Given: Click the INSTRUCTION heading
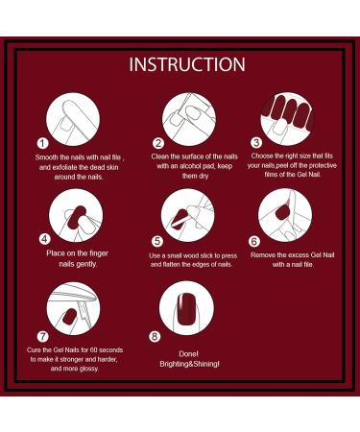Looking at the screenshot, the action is pos(187,64).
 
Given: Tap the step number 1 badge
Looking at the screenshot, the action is pos(42,143).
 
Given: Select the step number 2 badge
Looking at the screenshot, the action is pos(158,143).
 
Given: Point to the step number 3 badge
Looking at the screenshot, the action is pos(256,142).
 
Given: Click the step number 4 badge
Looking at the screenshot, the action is pos(45,239).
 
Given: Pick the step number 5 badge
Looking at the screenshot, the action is pos(157,241).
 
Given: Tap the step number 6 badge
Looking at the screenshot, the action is pos(254,241).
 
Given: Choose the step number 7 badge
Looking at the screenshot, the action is pos(42,336).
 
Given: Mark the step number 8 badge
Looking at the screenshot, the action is pos(155,336).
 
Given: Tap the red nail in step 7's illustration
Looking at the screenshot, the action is pos(69,317).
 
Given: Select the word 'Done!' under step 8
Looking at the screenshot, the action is pos(188,354).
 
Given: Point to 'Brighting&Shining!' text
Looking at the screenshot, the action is pos(189,364).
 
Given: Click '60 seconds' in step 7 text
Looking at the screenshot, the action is pos(107,349).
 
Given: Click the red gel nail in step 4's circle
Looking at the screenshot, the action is pos(76,218).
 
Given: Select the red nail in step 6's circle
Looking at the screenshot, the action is pos(282,211).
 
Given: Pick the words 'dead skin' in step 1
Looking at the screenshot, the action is pos(104,167).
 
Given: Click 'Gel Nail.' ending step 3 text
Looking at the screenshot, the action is pos(309,175).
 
